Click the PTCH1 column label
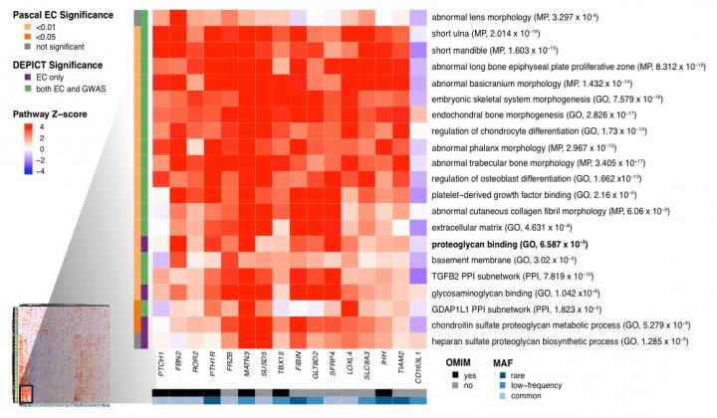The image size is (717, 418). pos(159,363)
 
